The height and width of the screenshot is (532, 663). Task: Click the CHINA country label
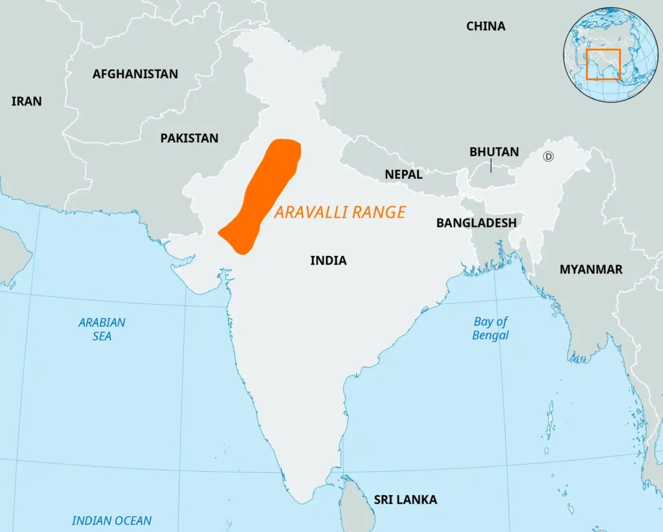tap(486, 27)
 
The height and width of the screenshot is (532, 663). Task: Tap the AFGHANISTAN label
tap(135, 74)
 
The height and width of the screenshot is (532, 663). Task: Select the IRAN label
tap(27, 101)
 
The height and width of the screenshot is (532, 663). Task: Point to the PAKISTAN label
tap(189, 138)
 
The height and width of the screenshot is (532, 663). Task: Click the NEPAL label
tap(403, 174)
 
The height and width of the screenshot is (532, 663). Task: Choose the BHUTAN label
tap(494, 152)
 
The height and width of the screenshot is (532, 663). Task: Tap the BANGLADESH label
tap(476, 223)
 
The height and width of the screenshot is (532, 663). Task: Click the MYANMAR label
tap(590, 269)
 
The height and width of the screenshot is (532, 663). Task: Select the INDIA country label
tap(328, 260)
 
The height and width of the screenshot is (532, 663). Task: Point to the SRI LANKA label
tap(405, 500)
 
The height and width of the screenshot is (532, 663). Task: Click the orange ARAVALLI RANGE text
tap(340, 212)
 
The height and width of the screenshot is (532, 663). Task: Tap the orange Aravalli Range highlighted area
tap(262, 194)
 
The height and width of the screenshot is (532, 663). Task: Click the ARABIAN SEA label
tap(102, 329)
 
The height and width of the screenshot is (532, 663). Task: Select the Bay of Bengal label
tap(490, 329)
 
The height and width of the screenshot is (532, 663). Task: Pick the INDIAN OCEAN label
tap(111, 520)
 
